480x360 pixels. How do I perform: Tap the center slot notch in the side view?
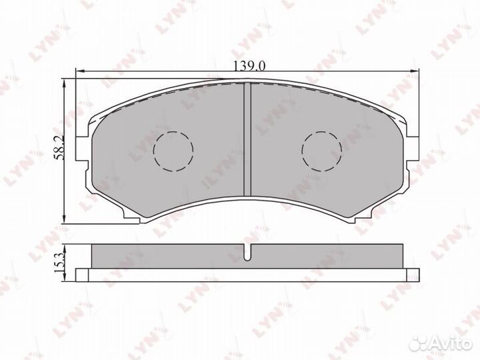[247, 253]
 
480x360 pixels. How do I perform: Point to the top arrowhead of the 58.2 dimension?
[63, 81]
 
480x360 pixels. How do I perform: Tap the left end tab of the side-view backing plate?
[82, 273]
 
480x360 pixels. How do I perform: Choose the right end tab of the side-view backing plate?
[413, 273]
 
